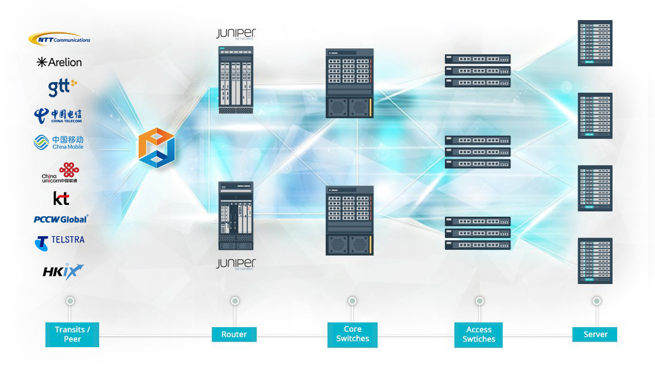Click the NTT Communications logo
pyautogui.click(x=59, y=39)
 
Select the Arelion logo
pyautogui.click(x=59, y=62)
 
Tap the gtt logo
pyautogui.click(x=62, y=87)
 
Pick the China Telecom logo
pyautogui.click(x=58, y=115)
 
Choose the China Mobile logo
pyautogui.click(x=58, y=142)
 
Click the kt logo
pyautogui.click(x=61, y=198)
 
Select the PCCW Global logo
pyautogui.click(x=61, y=219)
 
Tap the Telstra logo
pyautogui.click(x=60, y=241)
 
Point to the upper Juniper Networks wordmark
pyautogui.click(x=235, y=34)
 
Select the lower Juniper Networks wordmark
pyautogui.click(x=235, y=263)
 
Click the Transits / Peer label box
pyautogui.click(x=72, y=334)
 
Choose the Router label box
pyautogui.click(x=234, y=334)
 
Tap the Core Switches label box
pyautogui.click(x=352, y=334)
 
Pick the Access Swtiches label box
pyautogui.click(x=479, y=335)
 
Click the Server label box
pyautogui.click(x=595, y=334)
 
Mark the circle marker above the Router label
pyautogui.click(x=235, y=301)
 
